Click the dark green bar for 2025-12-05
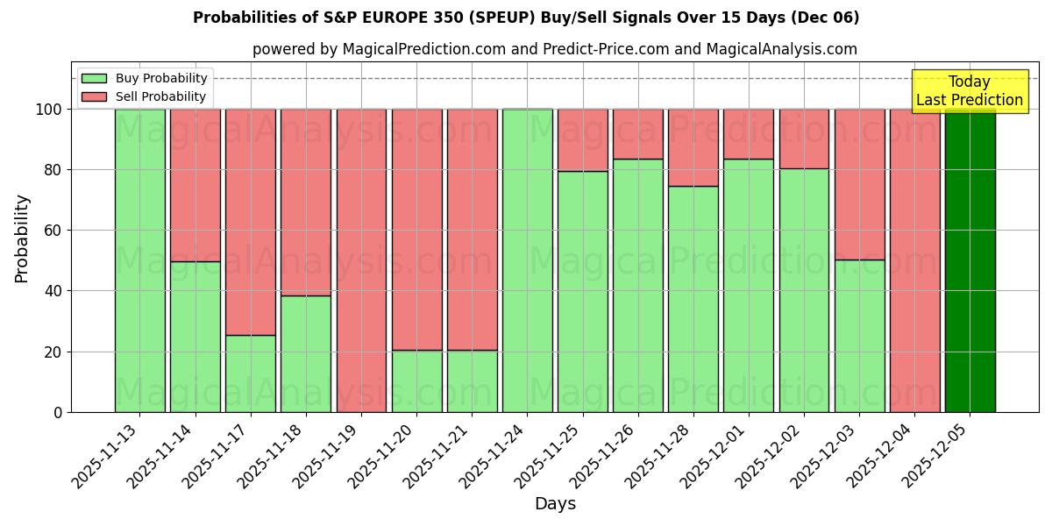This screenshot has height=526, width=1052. click(x=970, y=260)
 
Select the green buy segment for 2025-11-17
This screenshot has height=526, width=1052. click(x=251, y=373)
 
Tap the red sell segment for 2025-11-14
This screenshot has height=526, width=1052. click(x=195, y=185)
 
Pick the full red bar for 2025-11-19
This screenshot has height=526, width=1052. click(x=361, y=260)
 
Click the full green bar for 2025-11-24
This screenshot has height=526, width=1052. click(x=527, y=260)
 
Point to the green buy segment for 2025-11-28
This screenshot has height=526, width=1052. click(x=693, y=299)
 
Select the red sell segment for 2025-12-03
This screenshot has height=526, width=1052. click(x=859, y=184)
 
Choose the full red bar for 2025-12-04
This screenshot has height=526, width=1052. click(x=914, y=260)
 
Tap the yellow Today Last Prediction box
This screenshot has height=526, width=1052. click(x=970, y=91)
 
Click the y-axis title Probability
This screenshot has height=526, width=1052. click(x=22, y=238)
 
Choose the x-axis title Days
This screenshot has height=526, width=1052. click(x=555, y=504)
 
